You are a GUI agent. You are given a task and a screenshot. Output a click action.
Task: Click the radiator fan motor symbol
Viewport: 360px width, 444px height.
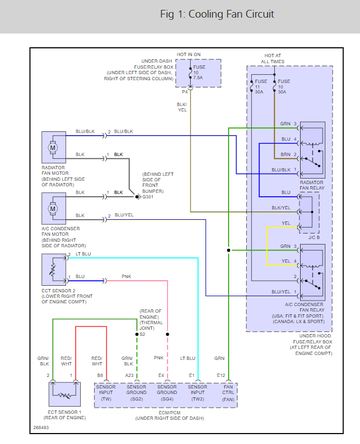[x=53, y=147]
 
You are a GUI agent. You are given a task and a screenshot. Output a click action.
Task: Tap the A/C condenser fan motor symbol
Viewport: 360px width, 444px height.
[x=53, y=208]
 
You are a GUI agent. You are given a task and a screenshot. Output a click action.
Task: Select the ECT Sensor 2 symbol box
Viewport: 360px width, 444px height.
[x=53, y=269]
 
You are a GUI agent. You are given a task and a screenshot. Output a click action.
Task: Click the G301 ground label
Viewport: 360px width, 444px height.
[x=148, y=196]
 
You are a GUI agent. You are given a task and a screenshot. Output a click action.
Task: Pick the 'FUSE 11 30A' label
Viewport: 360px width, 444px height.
[x=261, y=87]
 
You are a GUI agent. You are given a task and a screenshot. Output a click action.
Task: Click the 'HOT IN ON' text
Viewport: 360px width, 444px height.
[x=189, y=55]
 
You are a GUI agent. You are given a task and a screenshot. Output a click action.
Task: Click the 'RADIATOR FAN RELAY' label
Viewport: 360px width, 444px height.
[x=312, y=185]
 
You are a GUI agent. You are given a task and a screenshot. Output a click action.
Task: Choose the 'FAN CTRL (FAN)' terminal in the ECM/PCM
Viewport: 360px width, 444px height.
[x=228, y=393]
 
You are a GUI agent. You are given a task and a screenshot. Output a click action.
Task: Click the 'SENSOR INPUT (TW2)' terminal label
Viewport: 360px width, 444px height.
[x=197, y=393]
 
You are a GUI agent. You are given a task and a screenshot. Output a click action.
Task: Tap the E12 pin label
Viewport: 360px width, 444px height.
[x=221, y=375]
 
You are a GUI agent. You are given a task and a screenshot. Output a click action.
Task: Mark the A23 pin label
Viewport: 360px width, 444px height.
[x=129, y=375]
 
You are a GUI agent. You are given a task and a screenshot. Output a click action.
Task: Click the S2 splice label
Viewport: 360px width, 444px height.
[x=142, y=334]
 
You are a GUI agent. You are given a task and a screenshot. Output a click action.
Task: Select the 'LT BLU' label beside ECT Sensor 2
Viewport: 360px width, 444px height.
[x=83, y=254]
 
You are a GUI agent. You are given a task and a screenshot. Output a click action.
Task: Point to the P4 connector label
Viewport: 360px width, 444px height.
[x=185, y=92]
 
